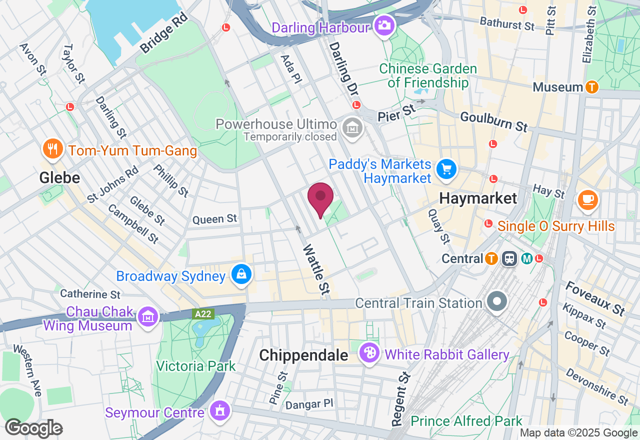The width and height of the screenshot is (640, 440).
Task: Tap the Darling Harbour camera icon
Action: click(x=384, y=24)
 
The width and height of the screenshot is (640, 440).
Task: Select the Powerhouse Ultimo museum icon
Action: click(x=352, y=128)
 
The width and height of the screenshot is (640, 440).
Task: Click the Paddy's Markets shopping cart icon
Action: click(x=446, y=170)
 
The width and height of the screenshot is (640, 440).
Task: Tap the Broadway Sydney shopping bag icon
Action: click(x=241, y=274)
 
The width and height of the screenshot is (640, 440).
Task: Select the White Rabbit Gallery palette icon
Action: click(x=370, y=353)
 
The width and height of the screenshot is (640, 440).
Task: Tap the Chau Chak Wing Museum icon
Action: click(x=148, y=316)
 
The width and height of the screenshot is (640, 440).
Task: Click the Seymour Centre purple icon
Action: click(x=218, y=410)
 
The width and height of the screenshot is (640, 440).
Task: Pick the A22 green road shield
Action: click(x=203, y=314)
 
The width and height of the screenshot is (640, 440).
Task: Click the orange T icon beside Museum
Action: click(x=592, y=87)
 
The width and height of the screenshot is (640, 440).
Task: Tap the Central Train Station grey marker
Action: click(x=497, y=301)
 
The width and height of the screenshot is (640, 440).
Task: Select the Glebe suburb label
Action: click(x=60, y=178)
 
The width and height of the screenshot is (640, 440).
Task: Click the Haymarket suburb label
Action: click(x=478, y=198)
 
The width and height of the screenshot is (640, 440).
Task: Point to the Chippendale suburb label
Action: click(x=303, y=355)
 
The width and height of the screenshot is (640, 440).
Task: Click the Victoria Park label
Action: click(x=195, y=366)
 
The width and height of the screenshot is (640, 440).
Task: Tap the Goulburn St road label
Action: click(x=494, y=121)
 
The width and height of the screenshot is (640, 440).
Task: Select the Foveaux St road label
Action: click(x=595, y=298)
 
